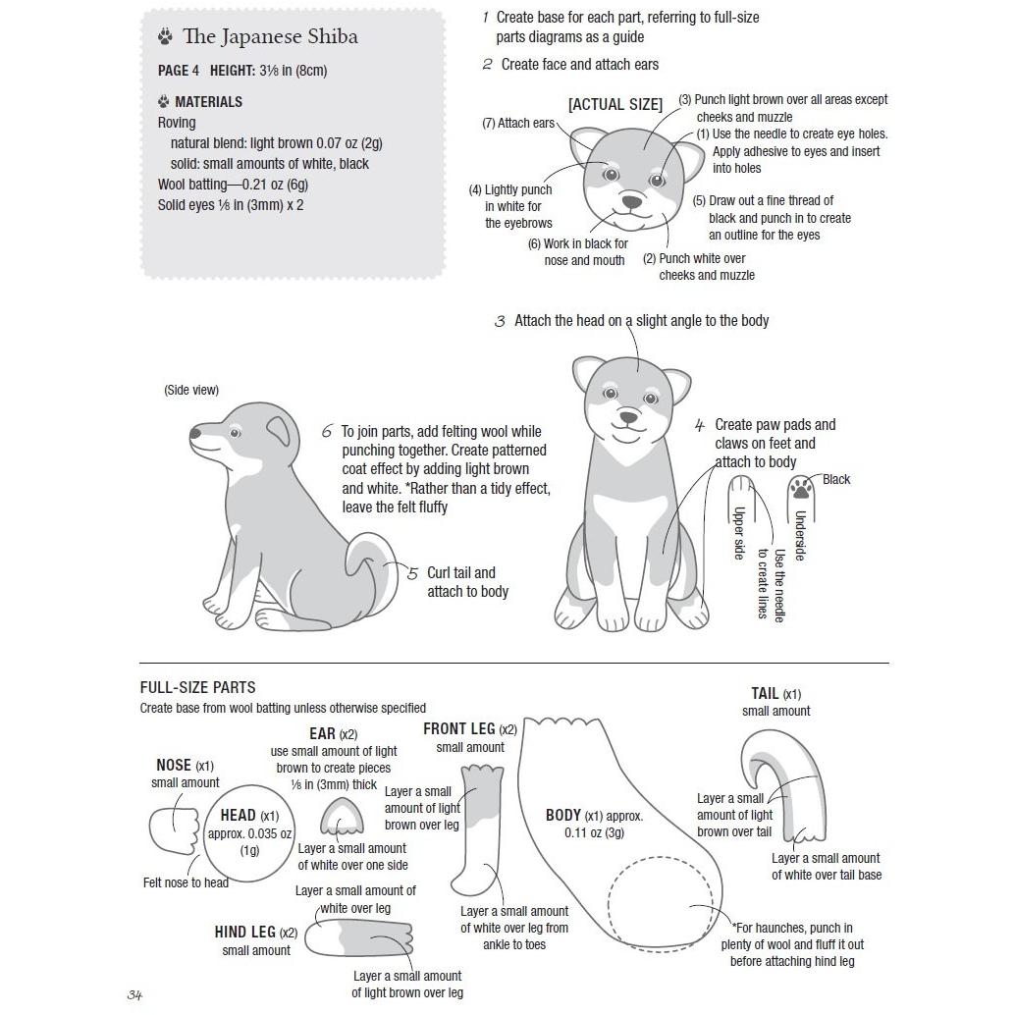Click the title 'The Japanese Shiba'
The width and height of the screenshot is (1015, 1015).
pyautogui.click(x=270, y=37)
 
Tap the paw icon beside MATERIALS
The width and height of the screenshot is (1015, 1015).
pyautogui.click(x=163, y=101)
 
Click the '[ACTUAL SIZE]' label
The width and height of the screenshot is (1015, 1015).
pyautogui.click(x=615, y=104)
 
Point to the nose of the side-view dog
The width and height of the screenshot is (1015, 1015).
pyautogui.click(x=195, y=432)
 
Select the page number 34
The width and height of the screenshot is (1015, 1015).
pyautogui.click(x=135, y=995)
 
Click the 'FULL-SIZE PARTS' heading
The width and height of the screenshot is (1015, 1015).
pyautogui.click(x=197, y=688)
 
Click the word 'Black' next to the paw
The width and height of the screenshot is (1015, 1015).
pyautogui.click(x=836, y=480)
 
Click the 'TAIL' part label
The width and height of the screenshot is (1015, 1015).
pyautogui.click(x=766, y=694)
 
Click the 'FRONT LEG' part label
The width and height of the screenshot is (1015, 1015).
pyautogui.click(x=459, y=729)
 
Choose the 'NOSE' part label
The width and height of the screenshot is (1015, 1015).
pyautogui.click(x=174, y=766)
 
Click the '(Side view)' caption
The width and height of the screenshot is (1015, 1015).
pyautogui.click(x=191, y=391)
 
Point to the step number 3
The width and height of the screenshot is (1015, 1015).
pyautogui.click(x=500, y=322)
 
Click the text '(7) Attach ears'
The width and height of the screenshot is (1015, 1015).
pyautogui.click(x=518, y=124)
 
